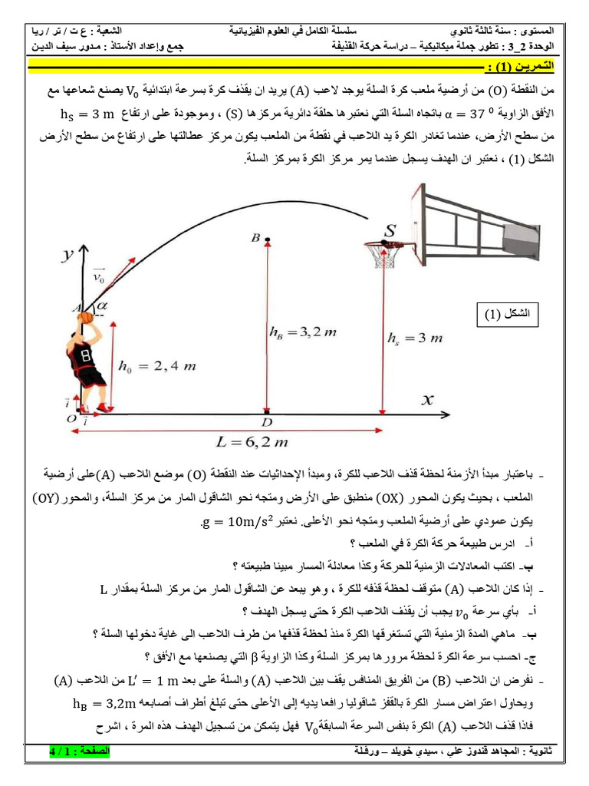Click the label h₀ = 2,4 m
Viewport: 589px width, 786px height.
[156, 366]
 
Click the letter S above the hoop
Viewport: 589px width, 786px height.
[391, 230]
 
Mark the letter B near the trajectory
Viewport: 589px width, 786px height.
[255, 239]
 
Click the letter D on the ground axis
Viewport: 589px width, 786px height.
[266, 423]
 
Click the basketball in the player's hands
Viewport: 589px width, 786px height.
[85, 315]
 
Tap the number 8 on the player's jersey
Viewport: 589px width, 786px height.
[85, 355]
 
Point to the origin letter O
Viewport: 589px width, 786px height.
[71, 418]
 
